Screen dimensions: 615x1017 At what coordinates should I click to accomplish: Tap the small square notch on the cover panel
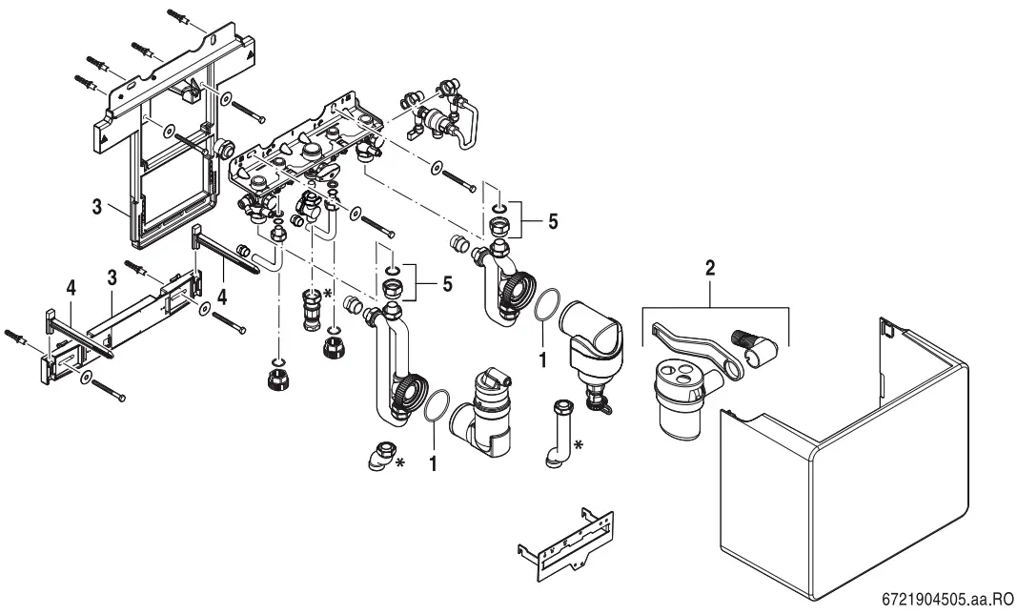coord(888,330)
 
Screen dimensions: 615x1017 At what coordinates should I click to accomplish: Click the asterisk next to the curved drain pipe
coord(580,443)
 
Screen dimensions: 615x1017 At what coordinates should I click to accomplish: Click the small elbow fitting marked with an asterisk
coord(383,455)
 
